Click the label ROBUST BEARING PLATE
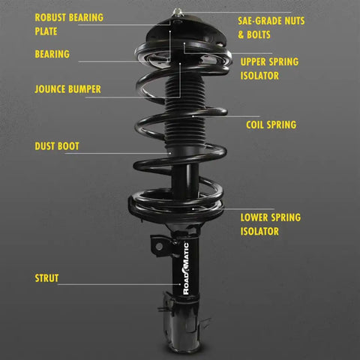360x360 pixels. tap(69, 23)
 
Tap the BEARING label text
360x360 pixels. tap(52, 54)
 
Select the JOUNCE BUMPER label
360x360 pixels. tap(67, 89)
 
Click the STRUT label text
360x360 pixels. tap(46, 279)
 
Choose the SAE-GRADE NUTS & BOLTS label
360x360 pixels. tap(274, 24)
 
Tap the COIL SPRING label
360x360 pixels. tap(271, 124)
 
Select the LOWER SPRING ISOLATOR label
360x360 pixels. tap(271, 224)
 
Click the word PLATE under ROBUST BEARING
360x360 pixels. tap(46, 31)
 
